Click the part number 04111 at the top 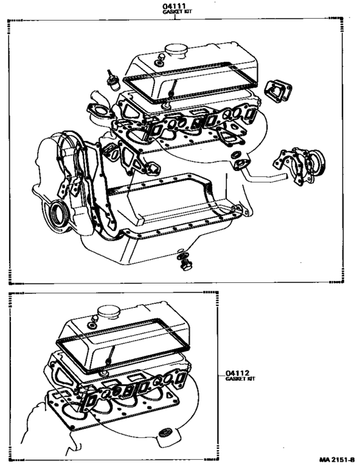click(174, 6)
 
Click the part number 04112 click(238, 372)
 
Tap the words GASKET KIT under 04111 click(174, 12)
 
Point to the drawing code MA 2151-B click(337, 461)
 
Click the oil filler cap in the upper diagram click(175, 50)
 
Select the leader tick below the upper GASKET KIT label click(174, 17)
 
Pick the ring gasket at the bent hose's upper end click(242, 161)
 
